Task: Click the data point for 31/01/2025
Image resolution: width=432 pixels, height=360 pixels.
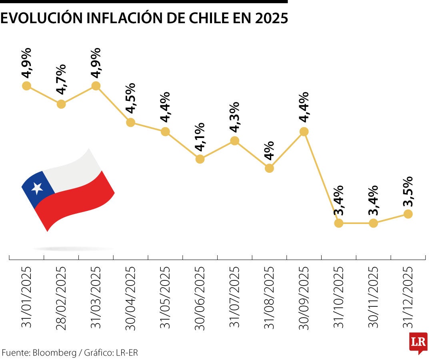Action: [x=26, y=86]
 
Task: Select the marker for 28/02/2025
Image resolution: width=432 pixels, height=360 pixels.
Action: [x=61, y=104]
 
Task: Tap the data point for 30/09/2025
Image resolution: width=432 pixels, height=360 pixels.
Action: [x=304, y=132]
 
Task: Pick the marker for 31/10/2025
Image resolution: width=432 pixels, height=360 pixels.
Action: [x=339, y=223]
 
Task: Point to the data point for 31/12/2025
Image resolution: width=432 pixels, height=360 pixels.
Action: [x=408, y=214]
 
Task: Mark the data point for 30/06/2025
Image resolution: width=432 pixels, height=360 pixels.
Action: [x=200, y=159]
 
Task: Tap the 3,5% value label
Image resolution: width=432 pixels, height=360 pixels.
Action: [x=408, y=192]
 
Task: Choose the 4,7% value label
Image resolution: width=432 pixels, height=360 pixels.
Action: [x=61, y=79]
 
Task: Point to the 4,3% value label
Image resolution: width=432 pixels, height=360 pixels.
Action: [x=234, y=117]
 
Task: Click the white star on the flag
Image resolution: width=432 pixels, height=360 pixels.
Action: [x=37, y=187]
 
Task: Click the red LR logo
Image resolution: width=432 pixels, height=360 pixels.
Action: [x=418, y=342]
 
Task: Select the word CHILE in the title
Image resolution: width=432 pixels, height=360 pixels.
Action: [x=198, y=18]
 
